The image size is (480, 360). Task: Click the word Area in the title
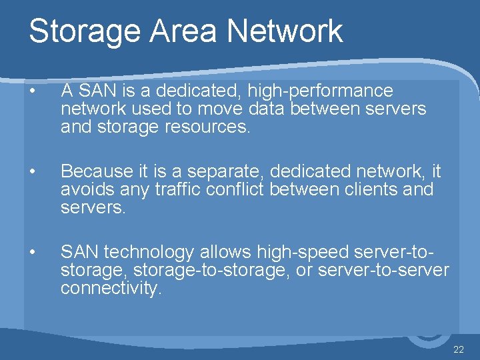(187, 31)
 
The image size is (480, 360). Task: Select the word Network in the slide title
(285, 31)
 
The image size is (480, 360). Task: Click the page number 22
(458, 350)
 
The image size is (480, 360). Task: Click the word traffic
(179, 190)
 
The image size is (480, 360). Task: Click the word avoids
(83, 190)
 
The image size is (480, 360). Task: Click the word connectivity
(111, 288)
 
